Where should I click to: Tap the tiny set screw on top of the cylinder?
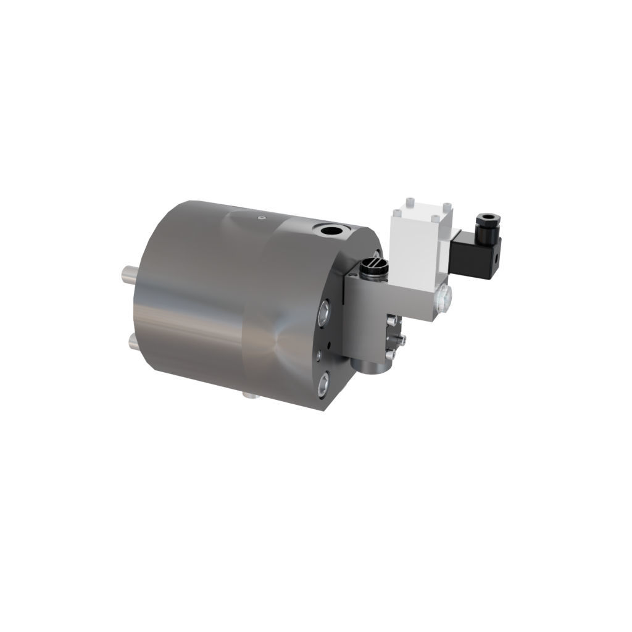click(x=260, y=217)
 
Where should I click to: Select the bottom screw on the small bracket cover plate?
click(x=390, y=354)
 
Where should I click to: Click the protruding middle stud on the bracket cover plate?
click(x=402, y=339)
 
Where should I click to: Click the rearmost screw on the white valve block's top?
click(x=409, y=202)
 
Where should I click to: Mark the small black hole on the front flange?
click(x=330, y=344)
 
